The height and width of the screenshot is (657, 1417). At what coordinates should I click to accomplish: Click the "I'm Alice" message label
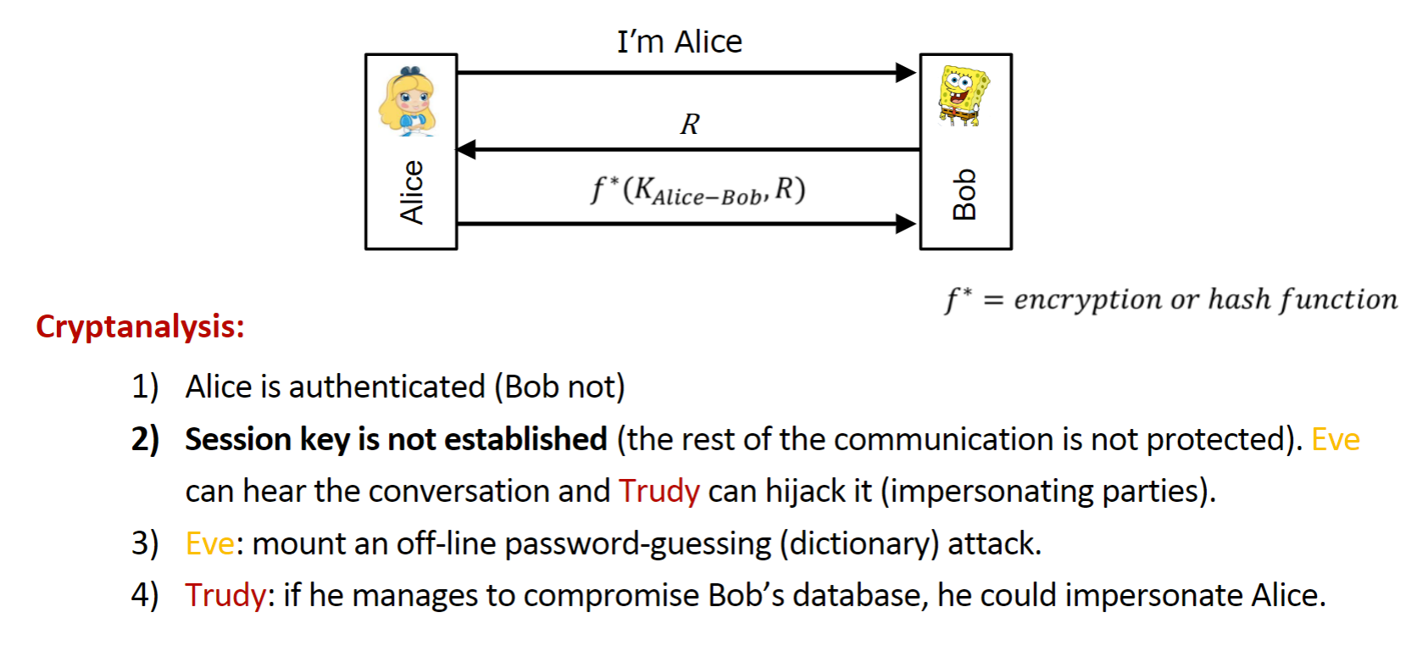[x=680, y=42]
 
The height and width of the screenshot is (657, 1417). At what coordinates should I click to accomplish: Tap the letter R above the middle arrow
[x=690, y=124]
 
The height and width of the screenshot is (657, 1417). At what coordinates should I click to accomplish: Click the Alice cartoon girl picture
[x=408, y=101]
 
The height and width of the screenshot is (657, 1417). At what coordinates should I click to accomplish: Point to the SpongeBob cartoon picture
[x=964, y=96]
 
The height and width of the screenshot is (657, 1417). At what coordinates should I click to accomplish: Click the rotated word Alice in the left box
[x=411, y=192]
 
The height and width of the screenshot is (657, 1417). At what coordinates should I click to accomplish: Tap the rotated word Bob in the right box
[x=964, y=194]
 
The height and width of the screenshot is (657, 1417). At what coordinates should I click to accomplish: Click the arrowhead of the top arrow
[x=906, y=73]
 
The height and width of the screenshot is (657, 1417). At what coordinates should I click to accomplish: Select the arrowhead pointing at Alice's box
[x=467, y=149]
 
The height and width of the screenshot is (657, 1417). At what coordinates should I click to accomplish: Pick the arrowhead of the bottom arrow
[x=906, y=224]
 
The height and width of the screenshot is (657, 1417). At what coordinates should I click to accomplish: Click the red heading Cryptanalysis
[x=140, y=327]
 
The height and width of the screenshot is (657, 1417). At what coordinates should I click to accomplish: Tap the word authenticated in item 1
[x=386, y=387]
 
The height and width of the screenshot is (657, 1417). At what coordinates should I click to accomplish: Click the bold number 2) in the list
[x=145, y=439]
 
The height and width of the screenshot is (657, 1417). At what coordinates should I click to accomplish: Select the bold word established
[x=525, y=439]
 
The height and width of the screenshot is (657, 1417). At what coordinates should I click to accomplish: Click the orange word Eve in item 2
[x=1336, y=439]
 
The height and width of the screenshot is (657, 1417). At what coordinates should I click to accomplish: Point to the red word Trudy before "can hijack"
[x=659, y=491]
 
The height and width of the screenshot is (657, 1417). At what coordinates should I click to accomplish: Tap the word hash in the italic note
[x=1239, y=298]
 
